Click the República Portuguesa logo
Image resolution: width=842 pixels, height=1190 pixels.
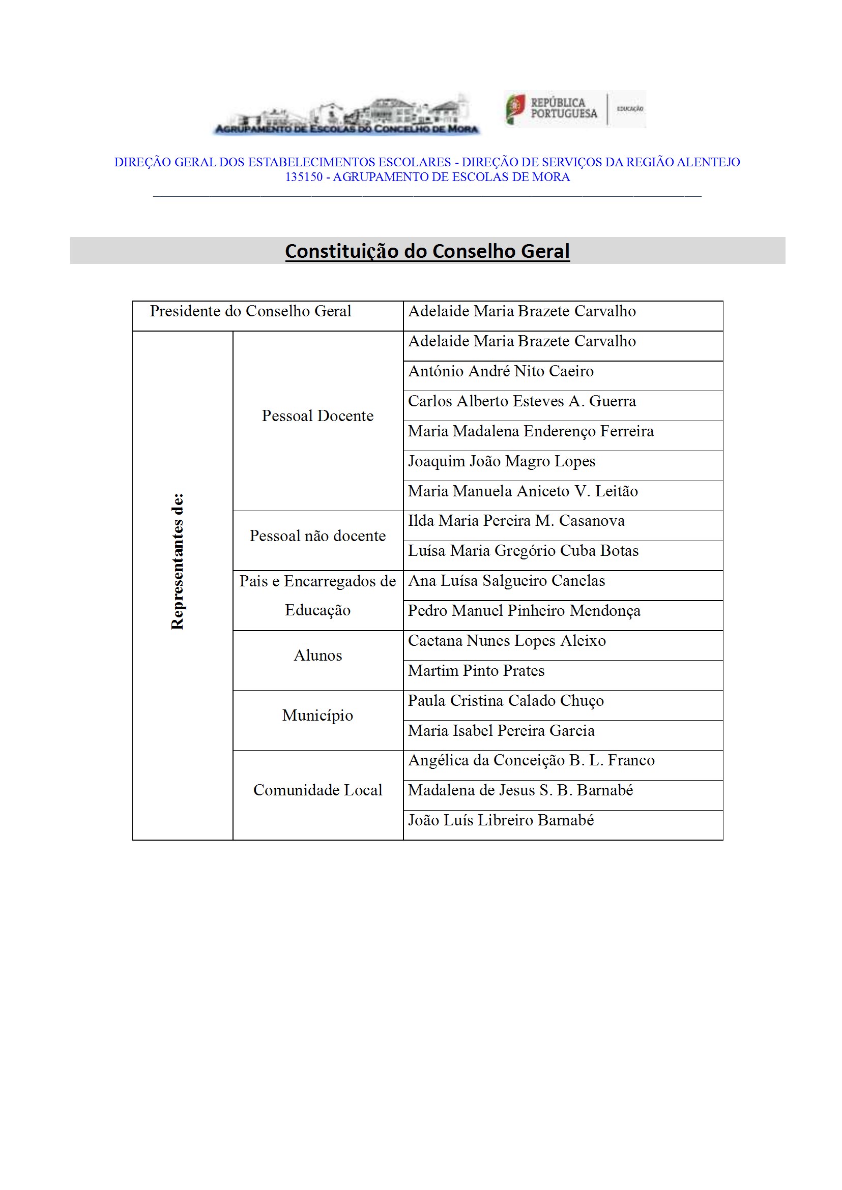point(574,109)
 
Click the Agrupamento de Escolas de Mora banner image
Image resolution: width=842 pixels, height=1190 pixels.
point(346,115)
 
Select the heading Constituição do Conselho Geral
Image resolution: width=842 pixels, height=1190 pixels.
point(427,251)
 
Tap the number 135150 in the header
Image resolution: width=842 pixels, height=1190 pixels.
point(304,177)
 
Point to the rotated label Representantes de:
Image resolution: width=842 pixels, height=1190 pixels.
point(178,562)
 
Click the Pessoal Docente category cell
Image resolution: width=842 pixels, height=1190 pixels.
point(317,415)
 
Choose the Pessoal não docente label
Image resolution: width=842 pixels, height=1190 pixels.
point(317,535)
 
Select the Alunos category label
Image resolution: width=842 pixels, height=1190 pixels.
point(317,655)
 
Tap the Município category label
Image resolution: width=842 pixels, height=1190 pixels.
point(317,715)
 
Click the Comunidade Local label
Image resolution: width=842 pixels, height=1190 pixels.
point(317,790)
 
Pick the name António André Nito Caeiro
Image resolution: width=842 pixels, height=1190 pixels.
point(500,371)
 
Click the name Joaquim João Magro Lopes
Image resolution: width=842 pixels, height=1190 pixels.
point(501,461)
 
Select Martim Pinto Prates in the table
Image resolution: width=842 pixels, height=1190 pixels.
point(476,671)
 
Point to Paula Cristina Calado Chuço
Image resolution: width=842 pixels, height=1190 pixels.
point(506,701)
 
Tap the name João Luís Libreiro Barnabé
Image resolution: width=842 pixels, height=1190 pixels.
point(500,820)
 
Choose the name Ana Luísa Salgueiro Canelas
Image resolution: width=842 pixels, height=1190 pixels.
point(506,580)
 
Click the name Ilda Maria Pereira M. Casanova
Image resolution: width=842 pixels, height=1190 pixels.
point(516,521)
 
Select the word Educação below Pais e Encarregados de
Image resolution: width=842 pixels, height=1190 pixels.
point(317,610)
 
